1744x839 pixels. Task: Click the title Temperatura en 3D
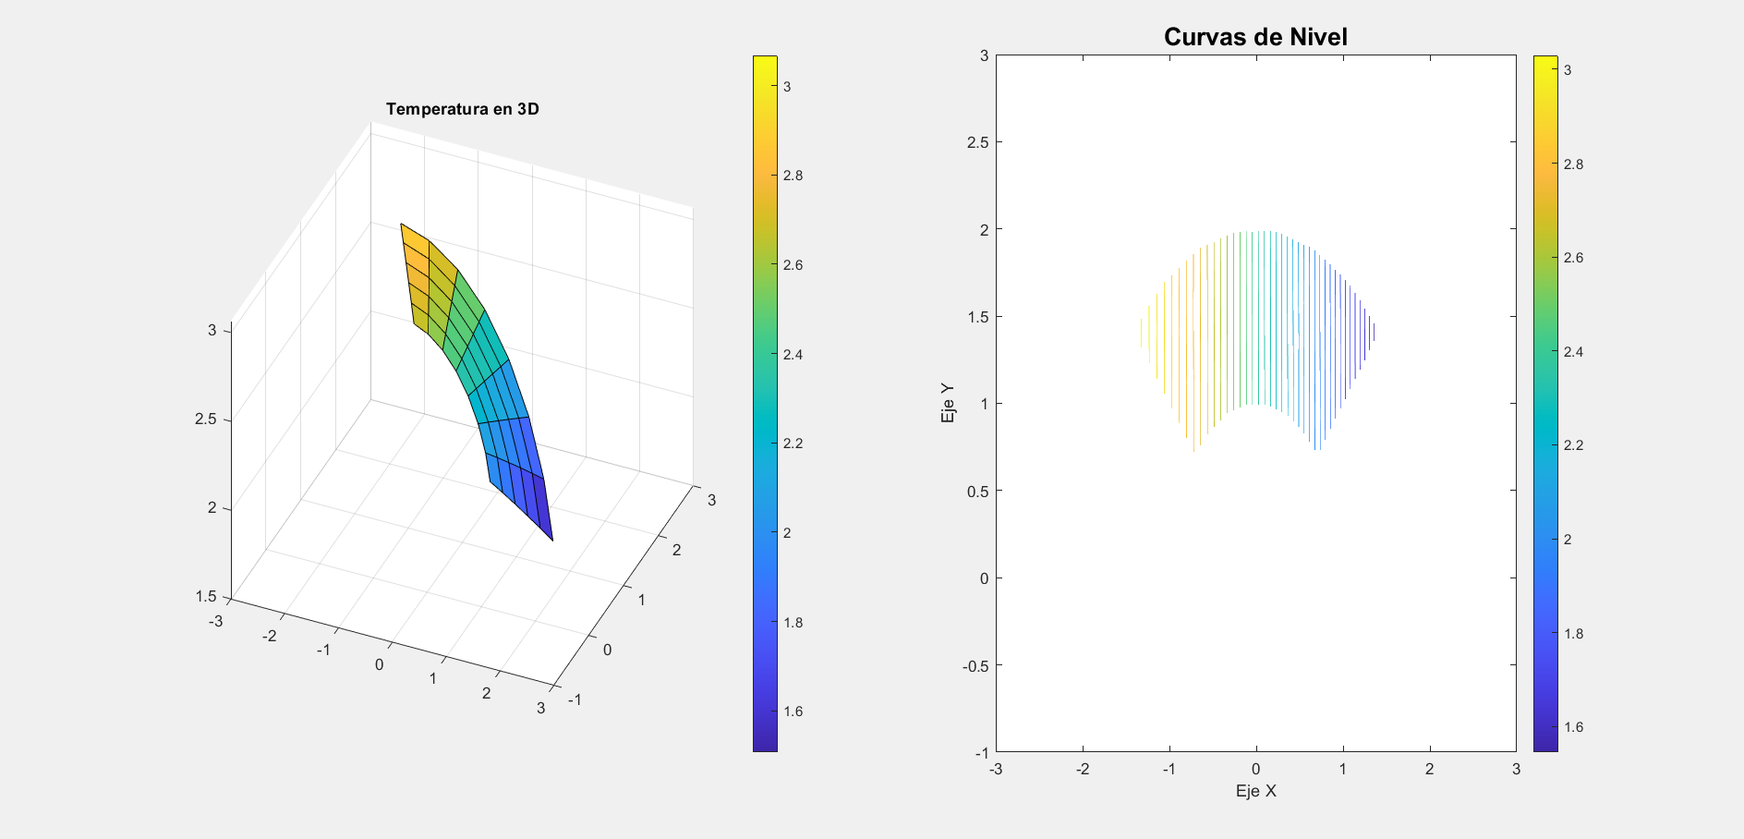(462, 109)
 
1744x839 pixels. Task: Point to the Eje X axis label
(1255, 791)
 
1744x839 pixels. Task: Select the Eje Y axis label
(948, 404)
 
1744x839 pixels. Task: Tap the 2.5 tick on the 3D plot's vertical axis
(205, 419)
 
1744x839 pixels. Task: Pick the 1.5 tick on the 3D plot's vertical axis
(205, 596)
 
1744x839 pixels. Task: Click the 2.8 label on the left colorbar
(793, 176)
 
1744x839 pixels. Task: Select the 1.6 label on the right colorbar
(1573, 727)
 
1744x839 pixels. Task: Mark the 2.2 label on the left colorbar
(793, 444)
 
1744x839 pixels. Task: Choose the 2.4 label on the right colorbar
(1573, 352)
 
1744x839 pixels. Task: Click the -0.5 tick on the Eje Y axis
(975, 665)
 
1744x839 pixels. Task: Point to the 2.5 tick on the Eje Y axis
(977, 142)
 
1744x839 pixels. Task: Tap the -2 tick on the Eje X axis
(1083, 769)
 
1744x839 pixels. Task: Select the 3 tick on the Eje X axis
(1516, 769)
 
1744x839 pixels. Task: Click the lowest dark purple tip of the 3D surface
(551, 540)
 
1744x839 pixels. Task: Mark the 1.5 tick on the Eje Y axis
(977, 317)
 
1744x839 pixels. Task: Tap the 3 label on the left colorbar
(787, 87)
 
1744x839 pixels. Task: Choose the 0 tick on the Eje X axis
(1255, 769)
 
